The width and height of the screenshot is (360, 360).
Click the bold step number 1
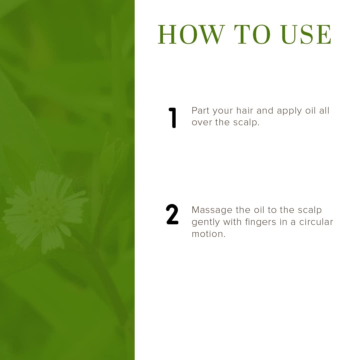click(x=172, y=118)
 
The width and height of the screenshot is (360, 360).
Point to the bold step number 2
click(x=172, y=214)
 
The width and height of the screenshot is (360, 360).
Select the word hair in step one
click(x=245, y=111)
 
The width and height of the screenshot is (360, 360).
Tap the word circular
click(x=316, y=222)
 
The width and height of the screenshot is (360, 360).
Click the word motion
click(x=208, y=234)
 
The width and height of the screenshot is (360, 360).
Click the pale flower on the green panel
click(x=45, y=211)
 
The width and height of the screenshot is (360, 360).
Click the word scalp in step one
click(x=246, y=123)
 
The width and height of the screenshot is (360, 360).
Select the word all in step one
click(x=324, y=111)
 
